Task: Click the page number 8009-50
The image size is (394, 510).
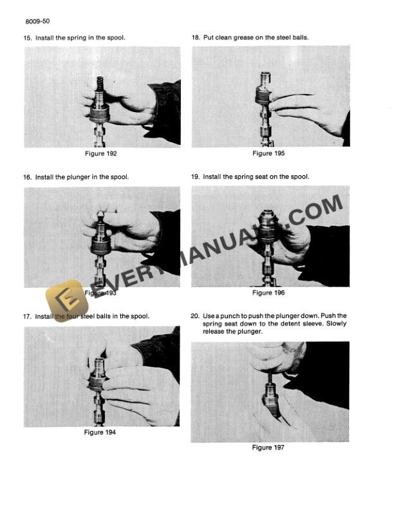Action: point(37,21)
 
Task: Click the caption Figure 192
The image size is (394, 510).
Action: point(101,153)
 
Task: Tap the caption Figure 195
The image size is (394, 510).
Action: point(268,153)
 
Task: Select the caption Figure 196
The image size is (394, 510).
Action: point(268,293)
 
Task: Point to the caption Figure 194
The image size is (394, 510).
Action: point(100,432)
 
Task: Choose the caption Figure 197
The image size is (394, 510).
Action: point(268,448)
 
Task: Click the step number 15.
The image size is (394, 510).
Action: point(28,38)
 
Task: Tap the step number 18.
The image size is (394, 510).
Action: point(196,38)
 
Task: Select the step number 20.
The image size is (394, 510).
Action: point(195,316)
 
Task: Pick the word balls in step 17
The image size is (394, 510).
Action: point(104,316)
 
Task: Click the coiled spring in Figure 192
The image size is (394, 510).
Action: point(100,84)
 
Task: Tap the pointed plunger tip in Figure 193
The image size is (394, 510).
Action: point(100,215)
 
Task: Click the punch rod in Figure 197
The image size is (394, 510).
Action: point(270,377)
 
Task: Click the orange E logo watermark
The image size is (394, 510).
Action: point(67,301)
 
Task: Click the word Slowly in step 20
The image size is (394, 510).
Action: point(337,324)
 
